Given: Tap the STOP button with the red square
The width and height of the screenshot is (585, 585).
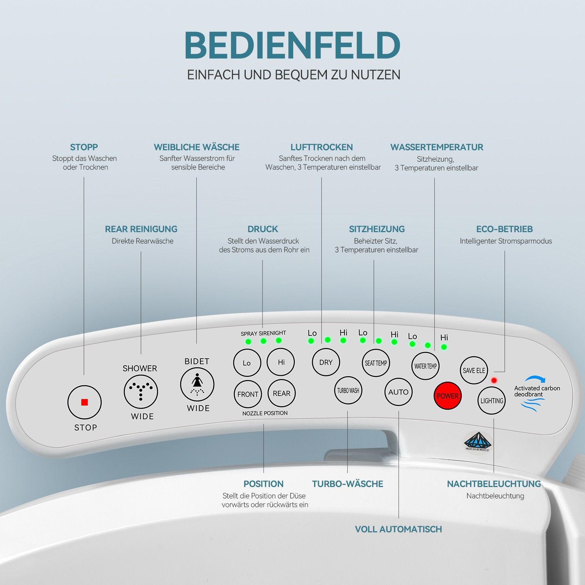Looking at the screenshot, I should pos(84,402).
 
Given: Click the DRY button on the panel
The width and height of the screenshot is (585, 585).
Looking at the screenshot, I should pos(326,362).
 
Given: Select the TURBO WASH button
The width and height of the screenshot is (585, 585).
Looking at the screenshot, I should pos(348,390).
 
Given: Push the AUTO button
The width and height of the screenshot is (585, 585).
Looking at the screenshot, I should pos(398,392).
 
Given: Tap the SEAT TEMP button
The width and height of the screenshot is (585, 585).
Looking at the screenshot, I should pos(376,363).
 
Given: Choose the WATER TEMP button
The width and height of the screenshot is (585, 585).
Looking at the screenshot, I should pos(425,366).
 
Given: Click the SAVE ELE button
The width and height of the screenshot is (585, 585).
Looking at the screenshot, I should pos(474,370).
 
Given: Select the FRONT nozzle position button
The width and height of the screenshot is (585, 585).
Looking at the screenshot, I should pos(248,394).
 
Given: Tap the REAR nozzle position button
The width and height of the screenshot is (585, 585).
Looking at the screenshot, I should pos(282,393).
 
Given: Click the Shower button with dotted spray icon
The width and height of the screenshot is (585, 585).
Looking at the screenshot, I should pos(141,392).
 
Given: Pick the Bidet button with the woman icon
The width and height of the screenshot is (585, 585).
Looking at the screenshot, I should pos(197,385).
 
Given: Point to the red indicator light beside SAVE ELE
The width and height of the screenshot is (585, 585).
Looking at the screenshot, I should pos(494,380).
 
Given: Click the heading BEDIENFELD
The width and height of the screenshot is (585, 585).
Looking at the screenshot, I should pos(292,45).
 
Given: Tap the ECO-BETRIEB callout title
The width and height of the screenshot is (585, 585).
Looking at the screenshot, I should pos(504,229).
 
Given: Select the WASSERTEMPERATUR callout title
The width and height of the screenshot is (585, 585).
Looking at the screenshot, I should pos(437,147).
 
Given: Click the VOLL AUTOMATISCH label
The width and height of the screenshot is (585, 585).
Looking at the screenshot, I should pos(398,529).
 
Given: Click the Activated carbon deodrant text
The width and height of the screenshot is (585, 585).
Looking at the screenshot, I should pos(537,391).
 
